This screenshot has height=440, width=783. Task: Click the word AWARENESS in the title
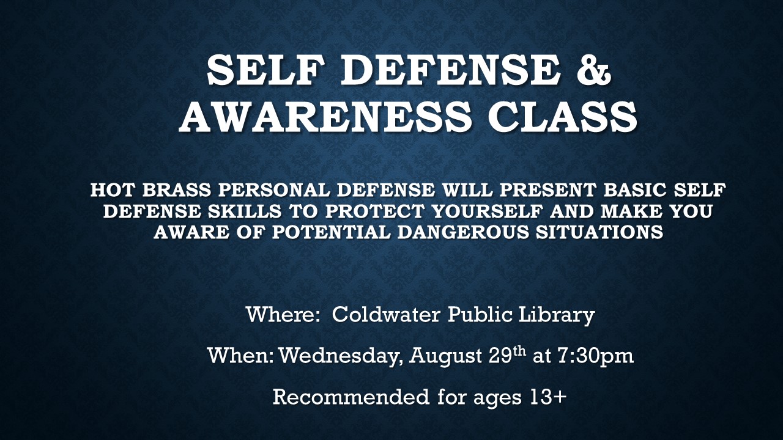(325, 116)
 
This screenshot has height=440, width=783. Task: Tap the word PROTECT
(370, 211)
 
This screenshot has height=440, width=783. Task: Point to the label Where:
(281, 315)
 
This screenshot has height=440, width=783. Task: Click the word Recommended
(351, 397)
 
